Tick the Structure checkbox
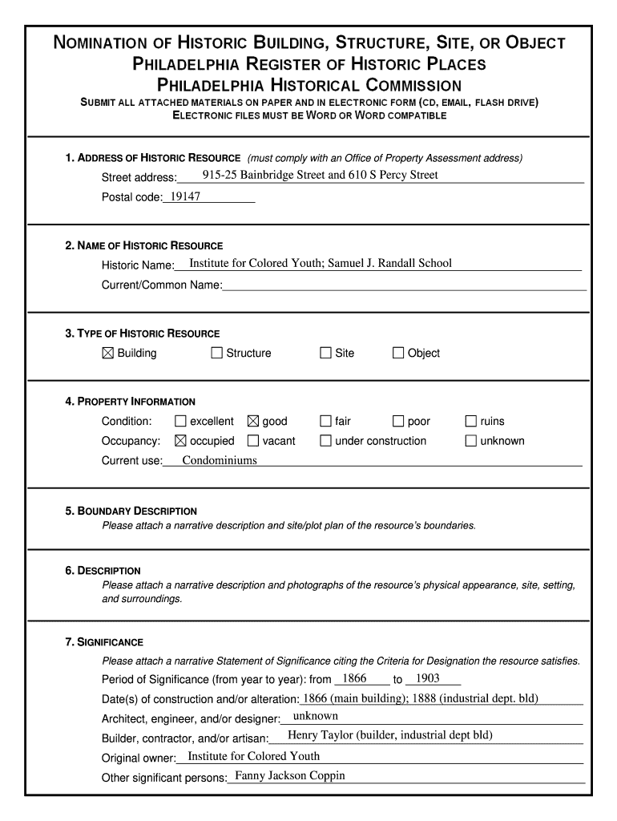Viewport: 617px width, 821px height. [216, 353]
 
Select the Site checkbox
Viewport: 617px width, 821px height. [325, 353]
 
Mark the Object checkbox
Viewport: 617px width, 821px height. [398, 353]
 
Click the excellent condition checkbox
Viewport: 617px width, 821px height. [180, 421]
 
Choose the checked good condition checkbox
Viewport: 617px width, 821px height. [253, 421]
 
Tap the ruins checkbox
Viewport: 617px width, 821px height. [471, 421]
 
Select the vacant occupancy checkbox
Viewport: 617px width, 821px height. [253, 440]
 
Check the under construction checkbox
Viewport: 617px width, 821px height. [325, 440]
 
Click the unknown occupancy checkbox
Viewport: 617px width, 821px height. [471, 440]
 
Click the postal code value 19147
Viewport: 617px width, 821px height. [185, 196]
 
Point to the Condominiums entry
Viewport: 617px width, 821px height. [220, 460]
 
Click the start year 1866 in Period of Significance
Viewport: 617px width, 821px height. [353, 678]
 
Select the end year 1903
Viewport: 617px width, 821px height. [422, 678]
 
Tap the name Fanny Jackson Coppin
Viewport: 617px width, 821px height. [290, 775]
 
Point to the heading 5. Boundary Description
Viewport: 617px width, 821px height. [131, 511]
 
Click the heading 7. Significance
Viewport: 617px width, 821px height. [104, 642]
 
